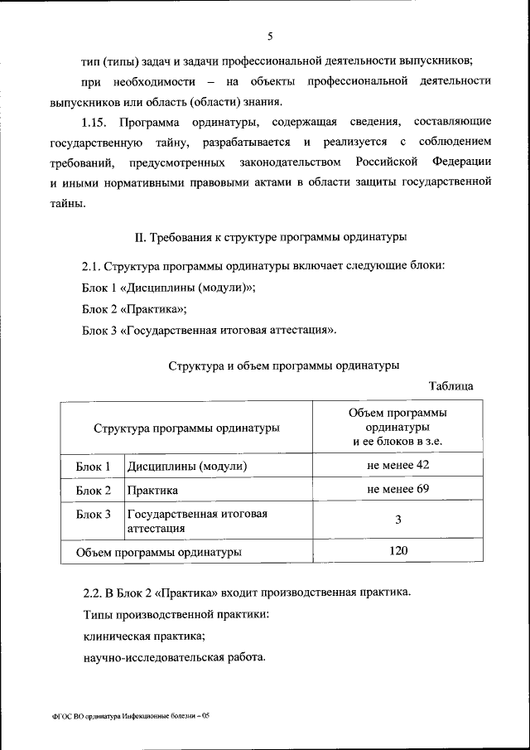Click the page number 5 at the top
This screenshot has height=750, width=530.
270,36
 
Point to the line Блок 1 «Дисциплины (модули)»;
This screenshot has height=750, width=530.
169,288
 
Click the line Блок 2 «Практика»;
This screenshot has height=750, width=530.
134,309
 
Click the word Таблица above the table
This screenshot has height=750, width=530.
450,386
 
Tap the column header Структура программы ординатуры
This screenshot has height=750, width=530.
186,428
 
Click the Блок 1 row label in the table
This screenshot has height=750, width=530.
94,467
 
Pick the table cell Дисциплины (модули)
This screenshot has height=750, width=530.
187,467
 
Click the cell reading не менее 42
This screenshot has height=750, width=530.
398,466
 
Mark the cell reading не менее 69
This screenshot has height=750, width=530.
398,490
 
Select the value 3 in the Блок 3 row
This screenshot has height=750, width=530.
398,520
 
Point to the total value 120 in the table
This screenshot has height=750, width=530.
398,550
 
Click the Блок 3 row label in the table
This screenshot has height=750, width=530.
94,515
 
